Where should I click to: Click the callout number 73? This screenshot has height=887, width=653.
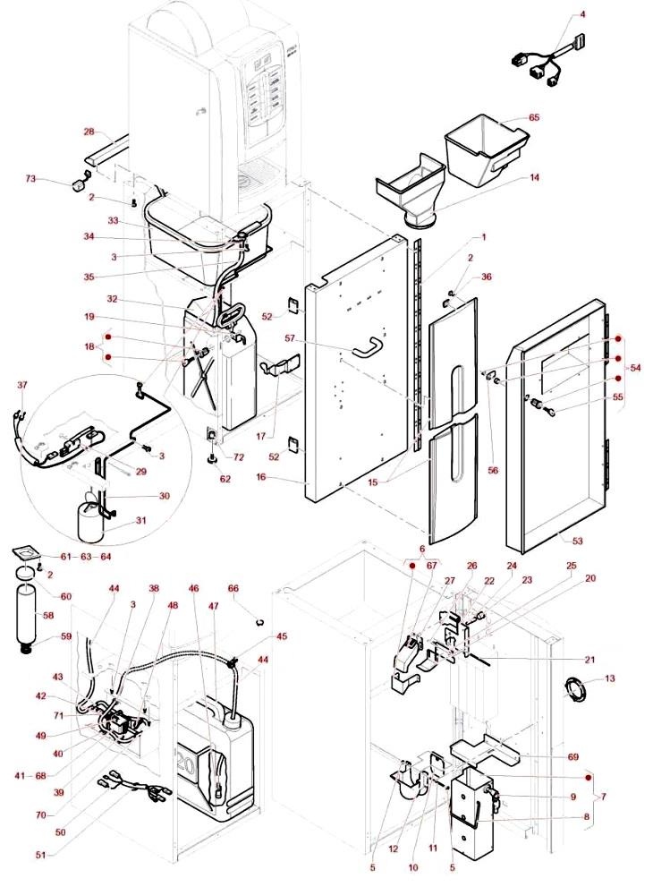pos(30,179)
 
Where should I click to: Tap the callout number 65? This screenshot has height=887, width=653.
pos(534,117)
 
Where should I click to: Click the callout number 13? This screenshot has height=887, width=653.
pos(610,679)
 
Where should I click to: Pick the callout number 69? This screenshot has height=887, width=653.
pos(572,756)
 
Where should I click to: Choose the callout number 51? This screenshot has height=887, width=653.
pos(40,856)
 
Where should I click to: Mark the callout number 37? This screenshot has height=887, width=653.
pos(23,385)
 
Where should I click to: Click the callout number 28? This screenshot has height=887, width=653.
pos(89,132)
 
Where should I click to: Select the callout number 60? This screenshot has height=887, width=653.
pos(40,596)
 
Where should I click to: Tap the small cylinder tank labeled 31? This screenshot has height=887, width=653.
pos(90,524)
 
